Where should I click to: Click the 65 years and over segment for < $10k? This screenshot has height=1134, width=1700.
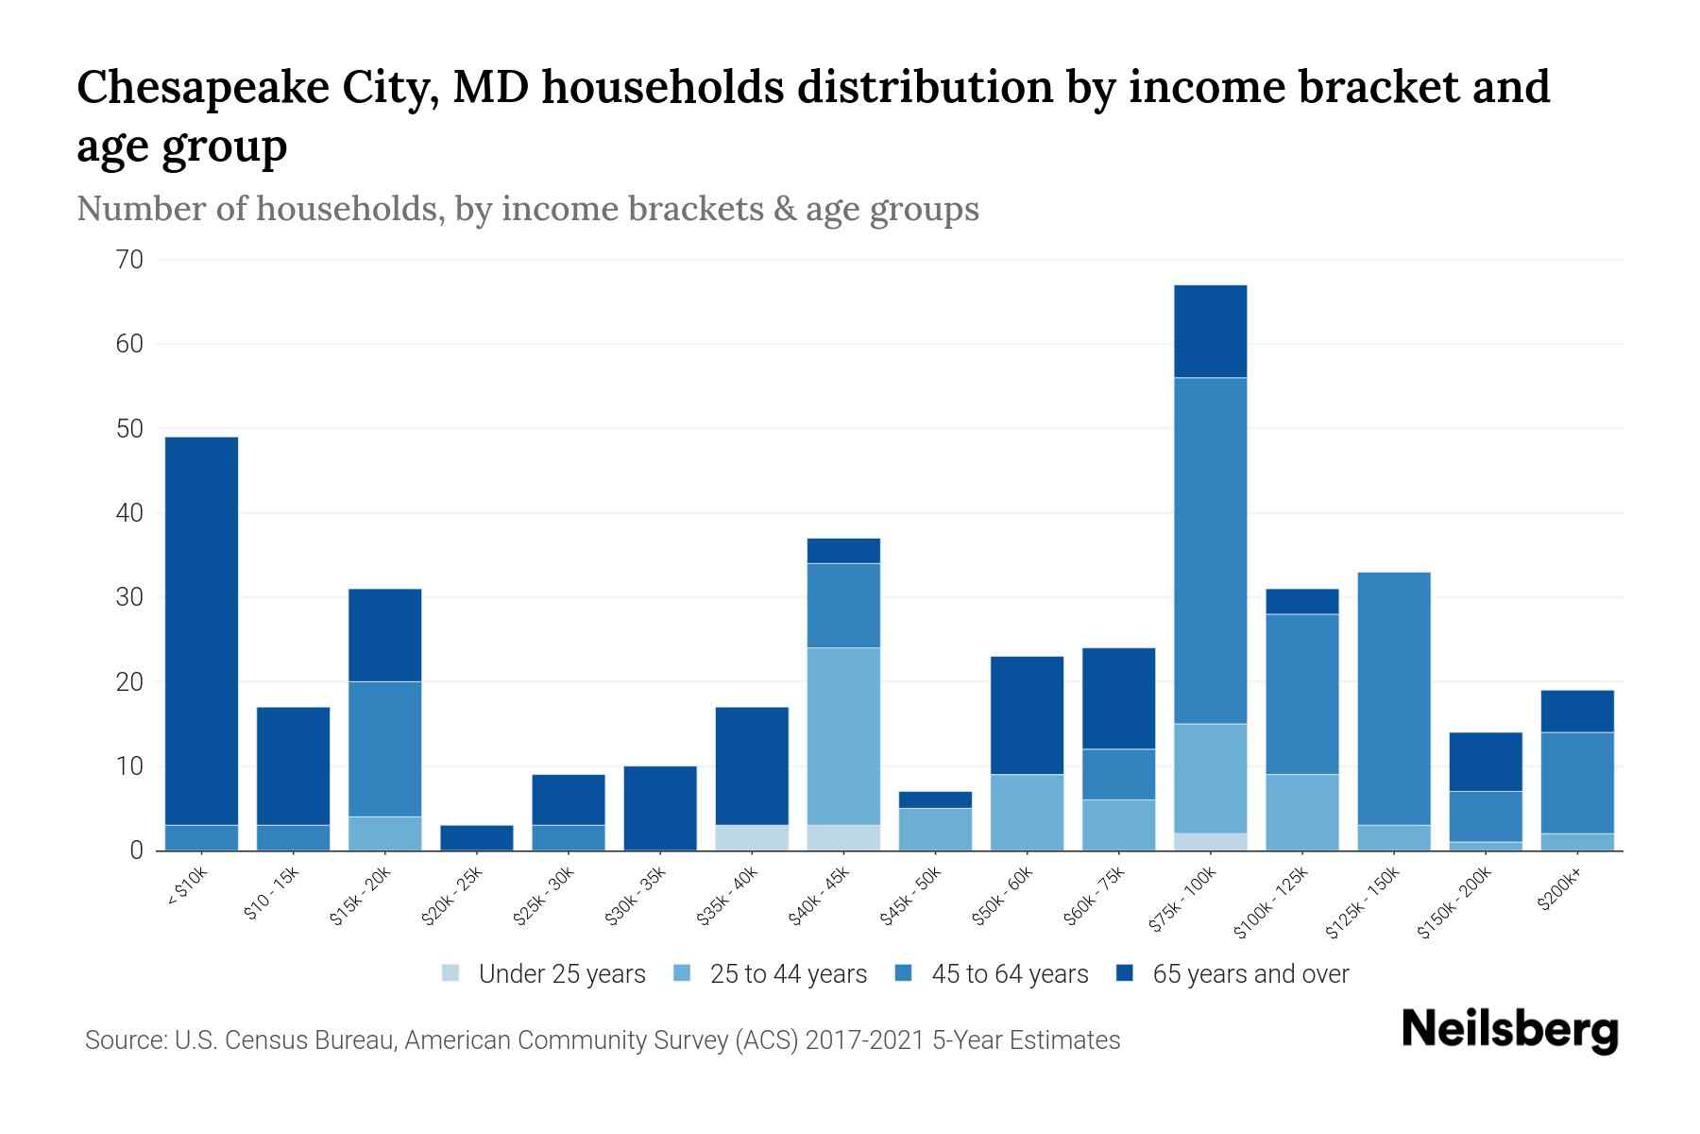click(x=201, y=630)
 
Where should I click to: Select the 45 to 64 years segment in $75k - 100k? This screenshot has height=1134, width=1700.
click(x=1210, y=550)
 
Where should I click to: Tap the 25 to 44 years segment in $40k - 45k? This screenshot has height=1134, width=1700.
click(x=843, y=735)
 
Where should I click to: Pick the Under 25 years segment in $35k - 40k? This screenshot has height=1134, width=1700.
click(x=752, y=837)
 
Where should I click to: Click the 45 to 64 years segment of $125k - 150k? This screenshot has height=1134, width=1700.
click(x=1393, y=698)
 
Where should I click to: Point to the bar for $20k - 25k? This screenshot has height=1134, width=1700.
click(x=476, y=837)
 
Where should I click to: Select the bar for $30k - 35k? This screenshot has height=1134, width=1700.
click(x=660, y=808)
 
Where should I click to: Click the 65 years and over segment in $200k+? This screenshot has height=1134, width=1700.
click(x=1577, y=711)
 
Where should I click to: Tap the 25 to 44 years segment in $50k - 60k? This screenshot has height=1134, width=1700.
click(x=1027, y=812)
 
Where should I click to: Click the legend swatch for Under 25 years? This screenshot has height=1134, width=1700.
click(x=451, y=973)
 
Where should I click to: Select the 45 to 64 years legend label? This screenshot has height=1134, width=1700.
click(x=1009, y=973)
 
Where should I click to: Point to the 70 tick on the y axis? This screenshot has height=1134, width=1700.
click(x=130, y=260)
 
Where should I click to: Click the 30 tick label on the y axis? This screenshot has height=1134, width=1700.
click(x=130, y=597)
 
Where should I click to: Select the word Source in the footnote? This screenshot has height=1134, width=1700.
click(x=123, y=1040)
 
